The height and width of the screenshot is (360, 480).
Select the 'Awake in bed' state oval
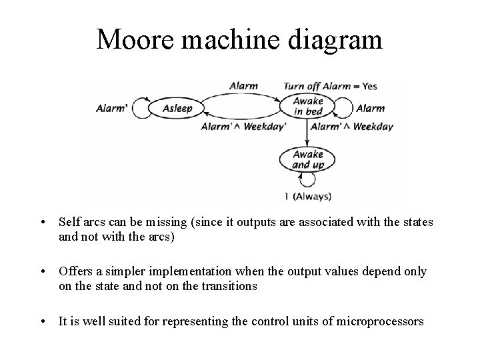coord(308,107)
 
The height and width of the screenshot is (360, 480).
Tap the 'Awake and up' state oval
coord(307,160)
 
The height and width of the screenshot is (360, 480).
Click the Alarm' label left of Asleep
coord(112,108)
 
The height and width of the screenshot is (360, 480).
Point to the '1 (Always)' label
coord(307,196)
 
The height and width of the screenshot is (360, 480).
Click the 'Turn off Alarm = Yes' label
coord(331,86)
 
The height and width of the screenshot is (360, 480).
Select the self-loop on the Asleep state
coord(142,109)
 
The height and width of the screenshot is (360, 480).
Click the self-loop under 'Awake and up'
coord(307,179)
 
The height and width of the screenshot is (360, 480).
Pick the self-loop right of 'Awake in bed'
coord(342,107)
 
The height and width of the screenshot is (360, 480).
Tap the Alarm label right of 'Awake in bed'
coord(370,108)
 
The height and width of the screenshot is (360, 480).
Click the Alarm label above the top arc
coord(243,86)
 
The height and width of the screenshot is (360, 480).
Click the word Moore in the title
coord(131,41)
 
